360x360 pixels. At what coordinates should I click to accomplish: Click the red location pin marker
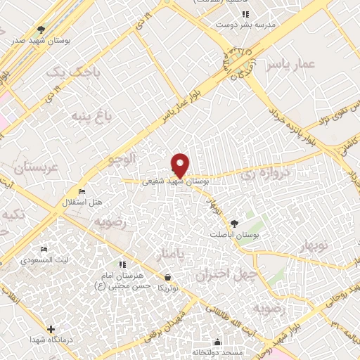click(180, 164)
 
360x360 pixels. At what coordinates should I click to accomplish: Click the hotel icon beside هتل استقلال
click(82, 192)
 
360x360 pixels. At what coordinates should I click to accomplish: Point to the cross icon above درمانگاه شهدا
click(51, 329)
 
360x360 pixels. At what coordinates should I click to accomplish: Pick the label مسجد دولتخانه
click(217, 351)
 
